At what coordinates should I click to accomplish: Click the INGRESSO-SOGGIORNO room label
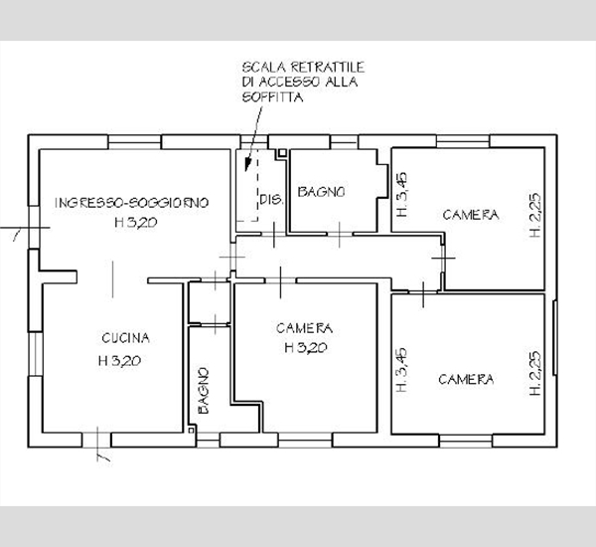(x=132, y=203)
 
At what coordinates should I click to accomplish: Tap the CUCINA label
(x=126, y=338)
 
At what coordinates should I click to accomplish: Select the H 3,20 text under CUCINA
(x=120, y=360)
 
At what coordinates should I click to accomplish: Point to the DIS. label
(x=271, y=199)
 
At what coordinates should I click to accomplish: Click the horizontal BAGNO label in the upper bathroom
(x=321, y=192)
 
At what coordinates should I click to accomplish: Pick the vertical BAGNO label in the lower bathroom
(x=204, y=391)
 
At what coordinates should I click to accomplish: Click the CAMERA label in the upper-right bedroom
(x=471, y=215)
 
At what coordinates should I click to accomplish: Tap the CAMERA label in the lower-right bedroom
(x=466, y=379)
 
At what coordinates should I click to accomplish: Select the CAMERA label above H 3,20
(x=305, y=328)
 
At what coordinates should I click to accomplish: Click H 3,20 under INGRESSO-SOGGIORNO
(x=136, y=223)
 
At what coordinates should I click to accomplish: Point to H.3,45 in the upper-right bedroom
(x=401, y=195)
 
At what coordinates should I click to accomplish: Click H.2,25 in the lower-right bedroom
(x=535, y=373)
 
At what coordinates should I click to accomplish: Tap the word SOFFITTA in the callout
(x=272, y=97)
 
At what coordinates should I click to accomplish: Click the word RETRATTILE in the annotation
(x=328, y=68)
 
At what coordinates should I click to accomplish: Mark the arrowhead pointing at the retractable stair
(x=247, y=164)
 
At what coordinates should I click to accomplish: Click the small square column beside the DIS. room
(x=282, y=153)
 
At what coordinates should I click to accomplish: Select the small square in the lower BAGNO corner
(x=191, y=430)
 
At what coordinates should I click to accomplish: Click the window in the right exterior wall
(x=555, y=337)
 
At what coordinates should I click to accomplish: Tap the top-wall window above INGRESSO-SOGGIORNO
(x=134, y=142)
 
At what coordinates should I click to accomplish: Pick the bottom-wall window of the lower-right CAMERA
(x=466, y=441)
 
